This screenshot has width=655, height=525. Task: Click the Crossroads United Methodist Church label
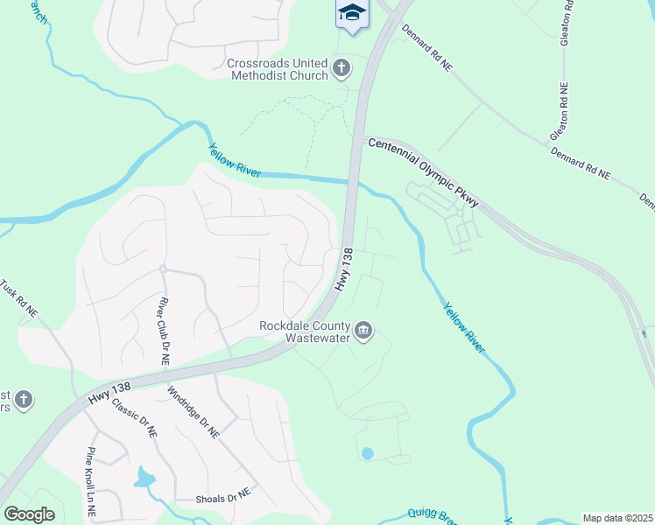278,69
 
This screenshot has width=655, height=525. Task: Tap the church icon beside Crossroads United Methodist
342,66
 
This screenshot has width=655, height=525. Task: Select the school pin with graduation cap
352,13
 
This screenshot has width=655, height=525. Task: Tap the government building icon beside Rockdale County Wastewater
364,331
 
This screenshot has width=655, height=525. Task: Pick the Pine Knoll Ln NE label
91,482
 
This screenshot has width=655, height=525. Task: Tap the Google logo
29,514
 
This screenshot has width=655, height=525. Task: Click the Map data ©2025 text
616,518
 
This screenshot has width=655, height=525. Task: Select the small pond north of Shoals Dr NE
144,476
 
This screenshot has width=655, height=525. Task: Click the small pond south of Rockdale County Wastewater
367,453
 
